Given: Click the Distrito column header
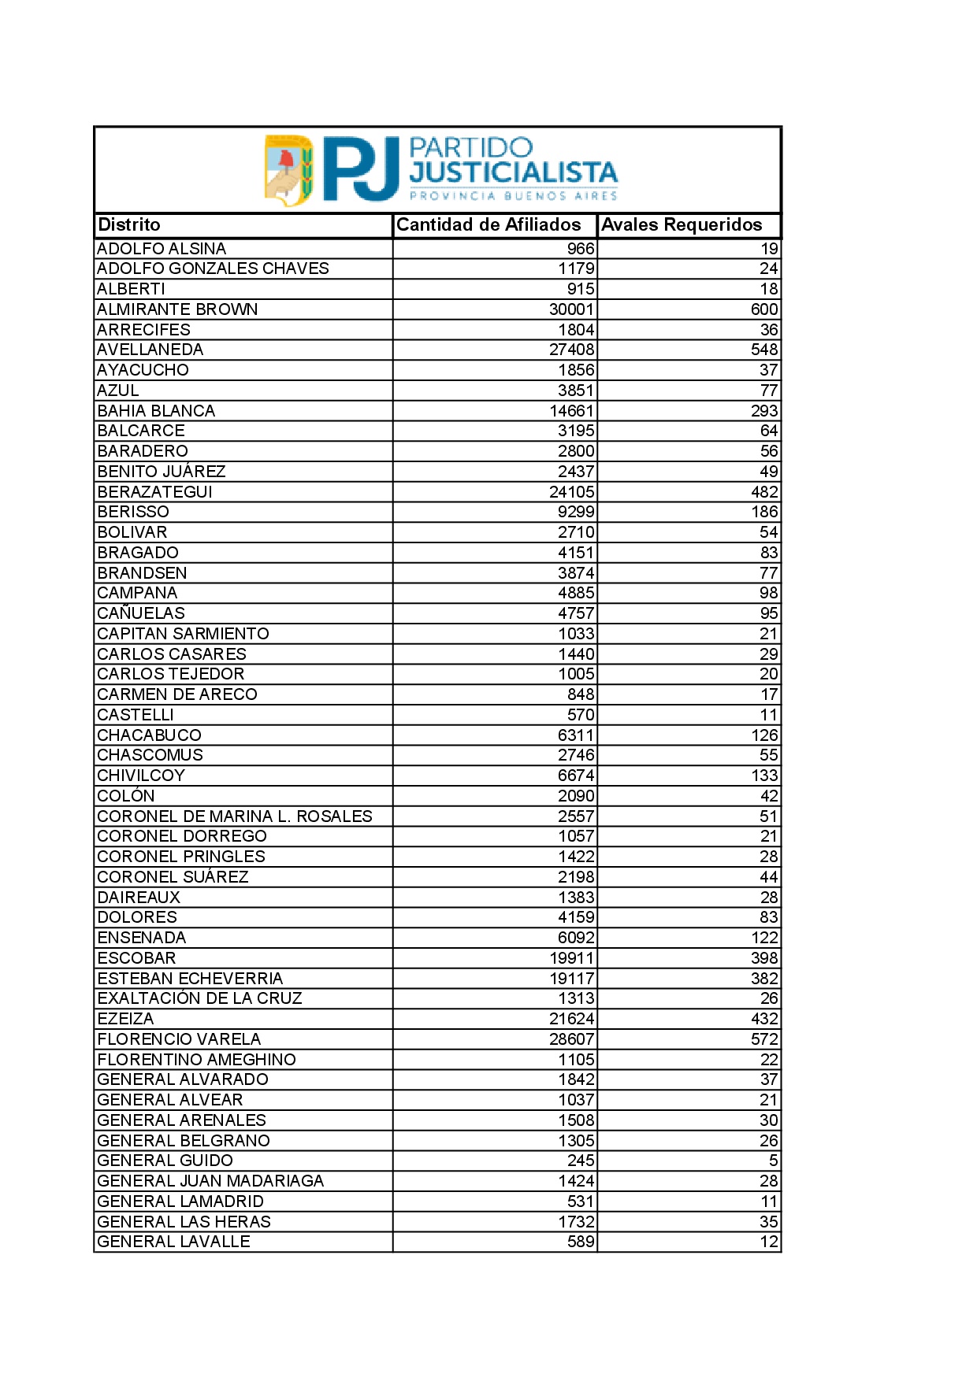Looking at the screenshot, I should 129,225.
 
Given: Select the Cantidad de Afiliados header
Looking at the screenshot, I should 489,225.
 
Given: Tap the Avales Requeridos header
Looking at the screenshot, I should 682,225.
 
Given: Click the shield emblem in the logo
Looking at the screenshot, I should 288,170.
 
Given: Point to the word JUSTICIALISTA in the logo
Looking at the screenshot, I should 513,172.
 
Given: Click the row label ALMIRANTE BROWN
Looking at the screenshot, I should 177,309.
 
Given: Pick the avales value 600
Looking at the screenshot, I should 764,309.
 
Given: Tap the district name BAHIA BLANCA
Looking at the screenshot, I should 156,411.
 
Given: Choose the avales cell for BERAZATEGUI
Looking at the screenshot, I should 764,492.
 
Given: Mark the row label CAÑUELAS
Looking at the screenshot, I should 141,613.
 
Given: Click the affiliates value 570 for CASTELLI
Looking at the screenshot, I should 581,715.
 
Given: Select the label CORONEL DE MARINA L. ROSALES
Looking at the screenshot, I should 235,816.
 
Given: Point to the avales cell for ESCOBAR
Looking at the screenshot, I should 764,958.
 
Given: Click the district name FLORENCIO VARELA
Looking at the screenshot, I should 179,1039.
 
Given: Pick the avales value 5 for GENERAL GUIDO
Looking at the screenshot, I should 773,1161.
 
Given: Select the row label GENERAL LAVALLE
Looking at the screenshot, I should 173,1242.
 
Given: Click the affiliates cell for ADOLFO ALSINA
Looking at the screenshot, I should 581,249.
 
